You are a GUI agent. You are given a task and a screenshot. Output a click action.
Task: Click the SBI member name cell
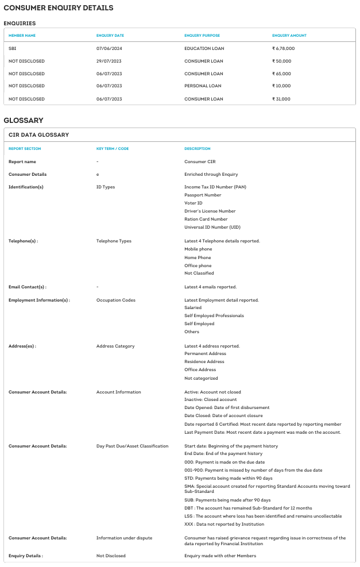point(13,48)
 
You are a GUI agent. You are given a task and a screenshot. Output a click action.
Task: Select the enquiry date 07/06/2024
point(109,48)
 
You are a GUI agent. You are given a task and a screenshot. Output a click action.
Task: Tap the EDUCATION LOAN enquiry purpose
point(204,48)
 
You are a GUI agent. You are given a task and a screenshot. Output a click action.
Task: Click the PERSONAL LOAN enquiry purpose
point(203,86)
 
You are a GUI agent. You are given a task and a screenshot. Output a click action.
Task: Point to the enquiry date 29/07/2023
point(109,61)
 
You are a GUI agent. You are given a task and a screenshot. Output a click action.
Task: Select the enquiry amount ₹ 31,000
point(281,99)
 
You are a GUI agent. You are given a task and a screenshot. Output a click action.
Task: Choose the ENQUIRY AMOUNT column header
point(289,36)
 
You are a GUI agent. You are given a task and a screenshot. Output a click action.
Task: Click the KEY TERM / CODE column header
point(113,149)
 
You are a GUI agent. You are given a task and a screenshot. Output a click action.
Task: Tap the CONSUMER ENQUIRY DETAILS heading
point(59,8)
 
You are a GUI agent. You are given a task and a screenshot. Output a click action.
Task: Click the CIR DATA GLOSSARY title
point(39,135)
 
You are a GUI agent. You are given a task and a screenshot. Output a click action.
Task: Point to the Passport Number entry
point(203,195)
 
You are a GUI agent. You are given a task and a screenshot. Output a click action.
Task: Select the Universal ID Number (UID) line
point(212,227)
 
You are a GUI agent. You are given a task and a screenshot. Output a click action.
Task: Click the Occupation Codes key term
point(116,300)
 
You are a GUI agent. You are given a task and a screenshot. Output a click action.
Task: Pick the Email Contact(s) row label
point(28,287)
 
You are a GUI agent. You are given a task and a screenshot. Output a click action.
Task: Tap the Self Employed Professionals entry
point(214,315)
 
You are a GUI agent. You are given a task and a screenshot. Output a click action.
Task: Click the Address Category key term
point(115,346)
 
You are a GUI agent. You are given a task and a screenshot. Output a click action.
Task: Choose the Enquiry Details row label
point(26,556)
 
